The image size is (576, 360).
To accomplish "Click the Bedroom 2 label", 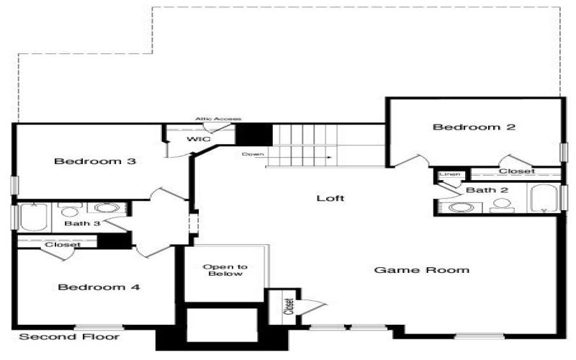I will (474, 127).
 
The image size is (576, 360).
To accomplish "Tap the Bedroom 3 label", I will (95, 161).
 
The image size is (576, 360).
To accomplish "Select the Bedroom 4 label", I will (99, 287).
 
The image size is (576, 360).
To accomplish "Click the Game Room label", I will (422, 271).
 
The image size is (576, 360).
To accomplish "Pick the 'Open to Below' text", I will (225, 271).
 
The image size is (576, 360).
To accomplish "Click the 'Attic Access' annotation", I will (217, 119).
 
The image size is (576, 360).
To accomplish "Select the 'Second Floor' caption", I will (69, 337).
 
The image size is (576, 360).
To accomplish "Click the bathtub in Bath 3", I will (33, 217).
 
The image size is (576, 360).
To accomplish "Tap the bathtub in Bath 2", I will (544, 198).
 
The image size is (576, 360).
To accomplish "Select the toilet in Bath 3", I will (70, 211).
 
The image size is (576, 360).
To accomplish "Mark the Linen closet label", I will (450, 174).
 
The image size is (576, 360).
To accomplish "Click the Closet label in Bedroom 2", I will (516, 171).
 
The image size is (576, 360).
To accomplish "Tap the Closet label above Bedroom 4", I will (62, 245).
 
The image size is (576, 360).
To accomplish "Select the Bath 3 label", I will (81, 224).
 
